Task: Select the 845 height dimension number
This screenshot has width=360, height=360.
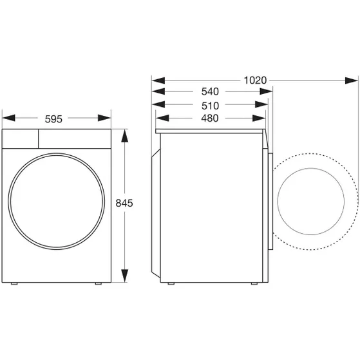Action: tap(124, 203)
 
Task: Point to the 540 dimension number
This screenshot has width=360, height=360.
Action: tap(209, 93)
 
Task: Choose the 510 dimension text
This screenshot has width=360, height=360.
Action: tap(209, 106)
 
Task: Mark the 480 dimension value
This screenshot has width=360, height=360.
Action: tap(209, 118)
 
